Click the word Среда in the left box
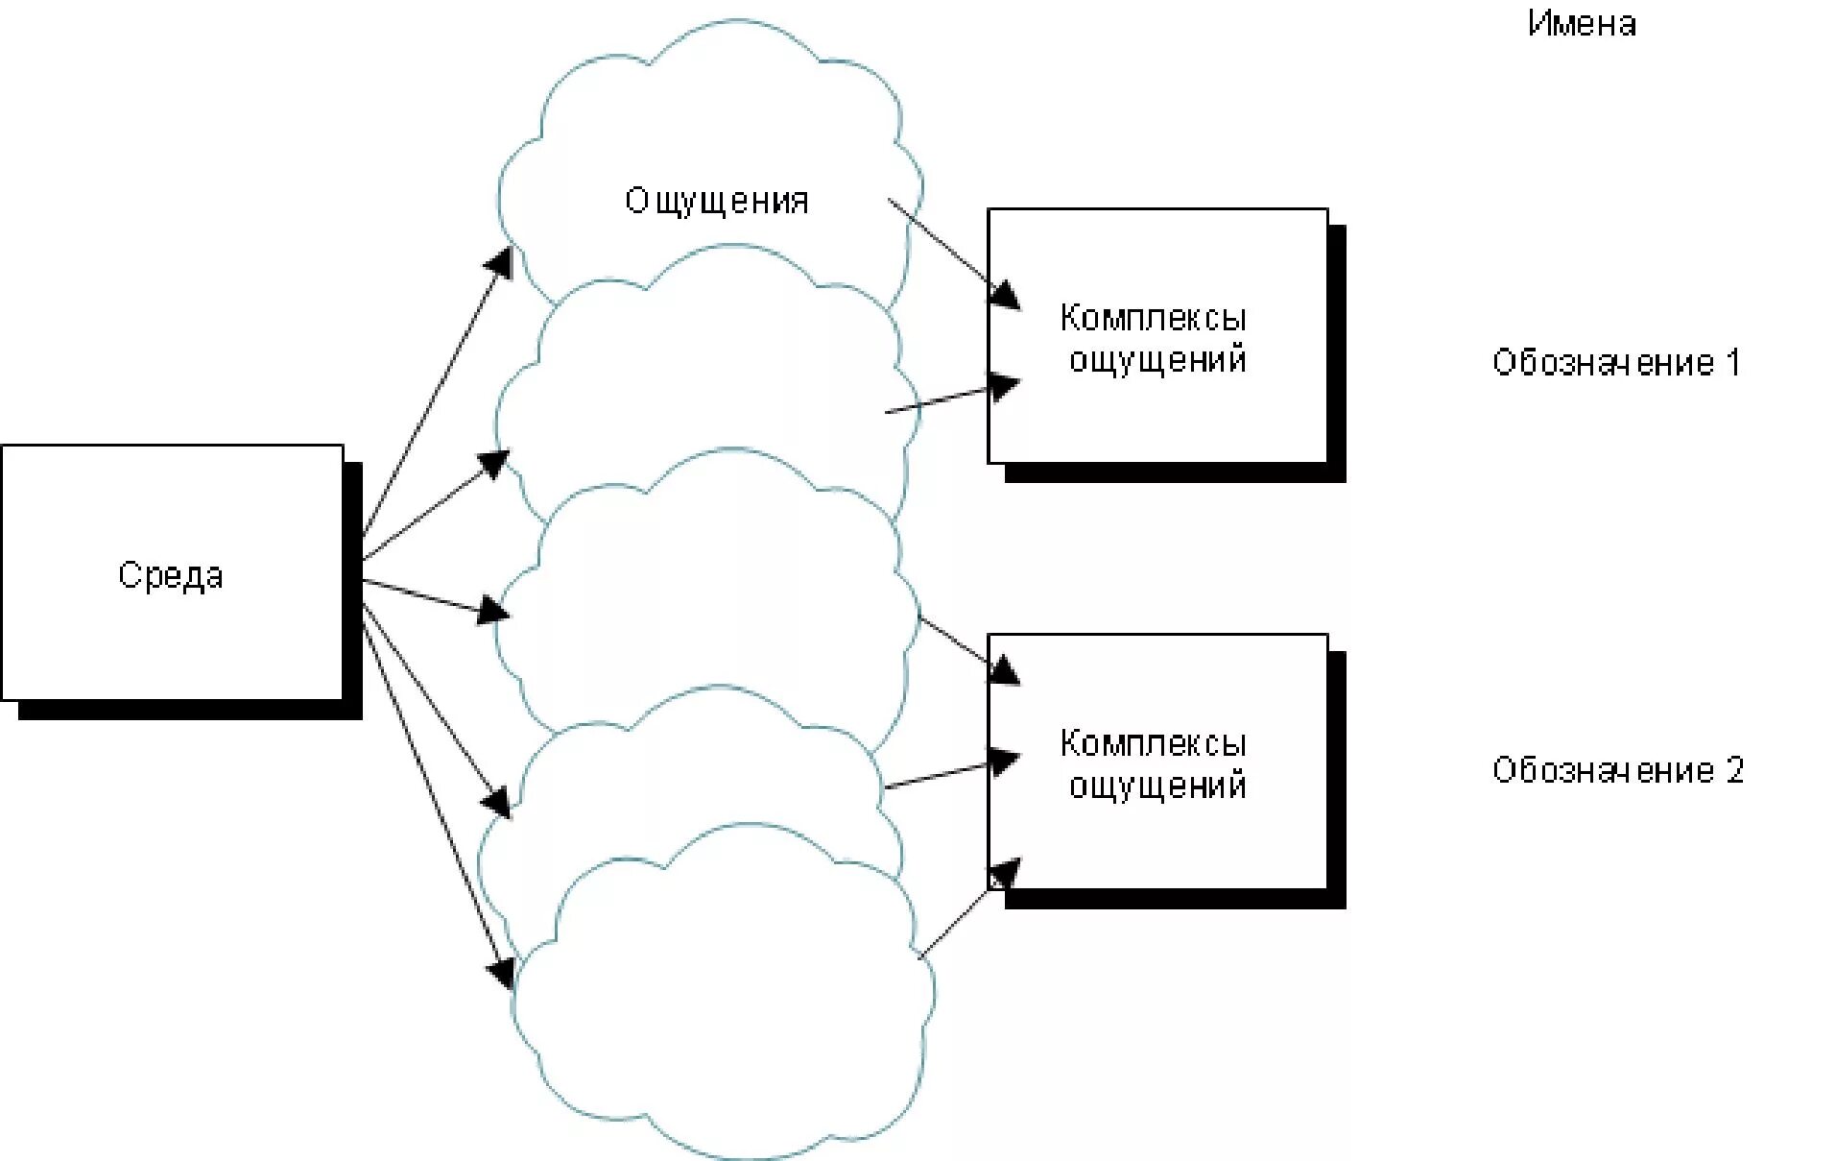coord(171,575)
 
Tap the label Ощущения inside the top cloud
coord(717,201)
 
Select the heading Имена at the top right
coord(1582,23)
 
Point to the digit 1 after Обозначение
coord(1732,362)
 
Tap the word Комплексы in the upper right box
coord(1153,318)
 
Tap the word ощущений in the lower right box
coord(1157,786)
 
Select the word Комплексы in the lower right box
coord(1153,743)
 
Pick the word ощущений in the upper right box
coord(1157,359)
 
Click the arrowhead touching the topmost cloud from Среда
coord(500,261)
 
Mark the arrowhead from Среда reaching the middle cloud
coord(493,611)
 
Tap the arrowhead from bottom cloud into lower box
coord(1004,872)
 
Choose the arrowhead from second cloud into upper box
coord(1005,386)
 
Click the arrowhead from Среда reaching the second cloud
coord(494,464)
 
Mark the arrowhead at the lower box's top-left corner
coord(1004,669)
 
